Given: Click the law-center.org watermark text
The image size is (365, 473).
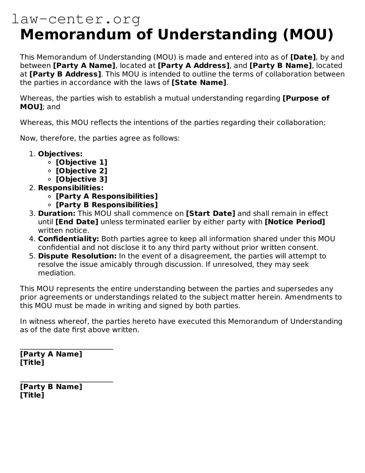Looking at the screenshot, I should tap(76, 19).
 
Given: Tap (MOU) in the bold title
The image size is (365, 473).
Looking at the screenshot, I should tap(308, 34).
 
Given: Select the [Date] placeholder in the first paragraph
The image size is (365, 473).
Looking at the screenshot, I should tap(303, 57).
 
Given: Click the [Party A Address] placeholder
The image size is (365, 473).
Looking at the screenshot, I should tap(193, 66).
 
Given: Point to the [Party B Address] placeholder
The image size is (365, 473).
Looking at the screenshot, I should tap(65, 74).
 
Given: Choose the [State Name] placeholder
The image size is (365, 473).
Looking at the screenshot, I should tap(199, 83).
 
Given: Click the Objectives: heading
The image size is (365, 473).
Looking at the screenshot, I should tap(60, 154).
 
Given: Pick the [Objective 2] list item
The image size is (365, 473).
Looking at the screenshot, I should tap(82, 171).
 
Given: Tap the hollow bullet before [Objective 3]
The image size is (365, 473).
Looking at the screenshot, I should tap(50, 180).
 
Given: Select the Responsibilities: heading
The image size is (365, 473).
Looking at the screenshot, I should tap(71, 188).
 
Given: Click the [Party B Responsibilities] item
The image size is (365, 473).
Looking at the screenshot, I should tap(107, 205).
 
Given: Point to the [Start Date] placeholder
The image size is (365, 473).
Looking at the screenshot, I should tap(211, 214).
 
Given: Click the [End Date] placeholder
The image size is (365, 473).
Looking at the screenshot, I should tap(77, 222).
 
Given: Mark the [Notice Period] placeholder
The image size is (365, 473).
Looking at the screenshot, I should tap(295, 222).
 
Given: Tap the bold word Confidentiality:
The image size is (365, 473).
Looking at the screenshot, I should tap(68, 239).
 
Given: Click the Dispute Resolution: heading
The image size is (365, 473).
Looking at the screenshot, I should tap(77, 256).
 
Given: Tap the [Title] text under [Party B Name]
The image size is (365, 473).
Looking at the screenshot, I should tap(32, 395).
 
